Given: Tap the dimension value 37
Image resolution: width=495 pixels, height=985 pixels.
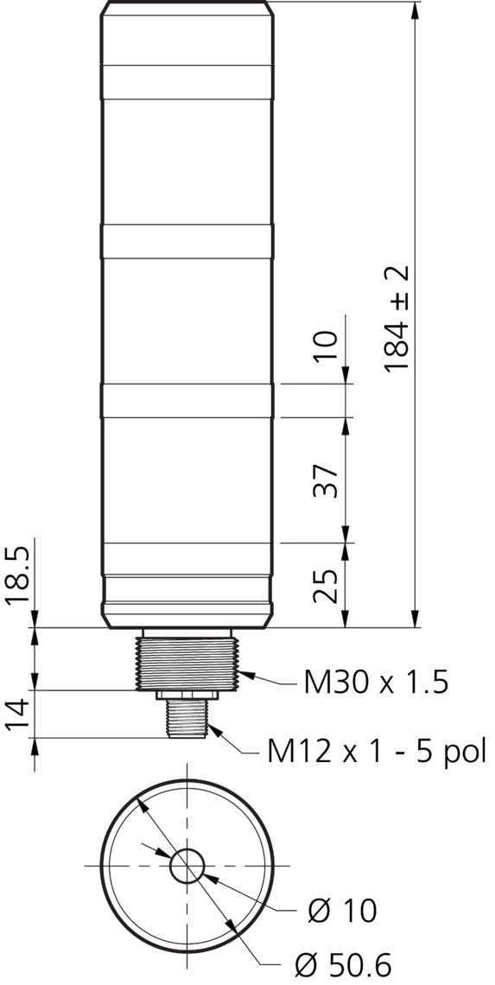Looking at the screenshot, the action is tap(326, 481).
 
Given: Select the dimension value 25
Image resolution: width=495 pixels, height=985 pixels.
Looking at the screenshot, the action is tap(326, 586).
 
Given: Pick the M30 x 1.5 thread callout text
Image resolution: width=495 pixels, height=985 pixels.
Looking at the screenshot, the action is tap(376, 683).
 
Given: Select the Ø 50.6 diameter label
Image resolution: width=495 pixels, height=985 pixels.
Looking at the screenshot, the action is tap(343, 963).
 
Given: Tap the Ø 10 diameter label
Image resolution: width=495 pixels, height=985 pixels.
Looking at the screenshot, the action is tap(343, 910).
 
